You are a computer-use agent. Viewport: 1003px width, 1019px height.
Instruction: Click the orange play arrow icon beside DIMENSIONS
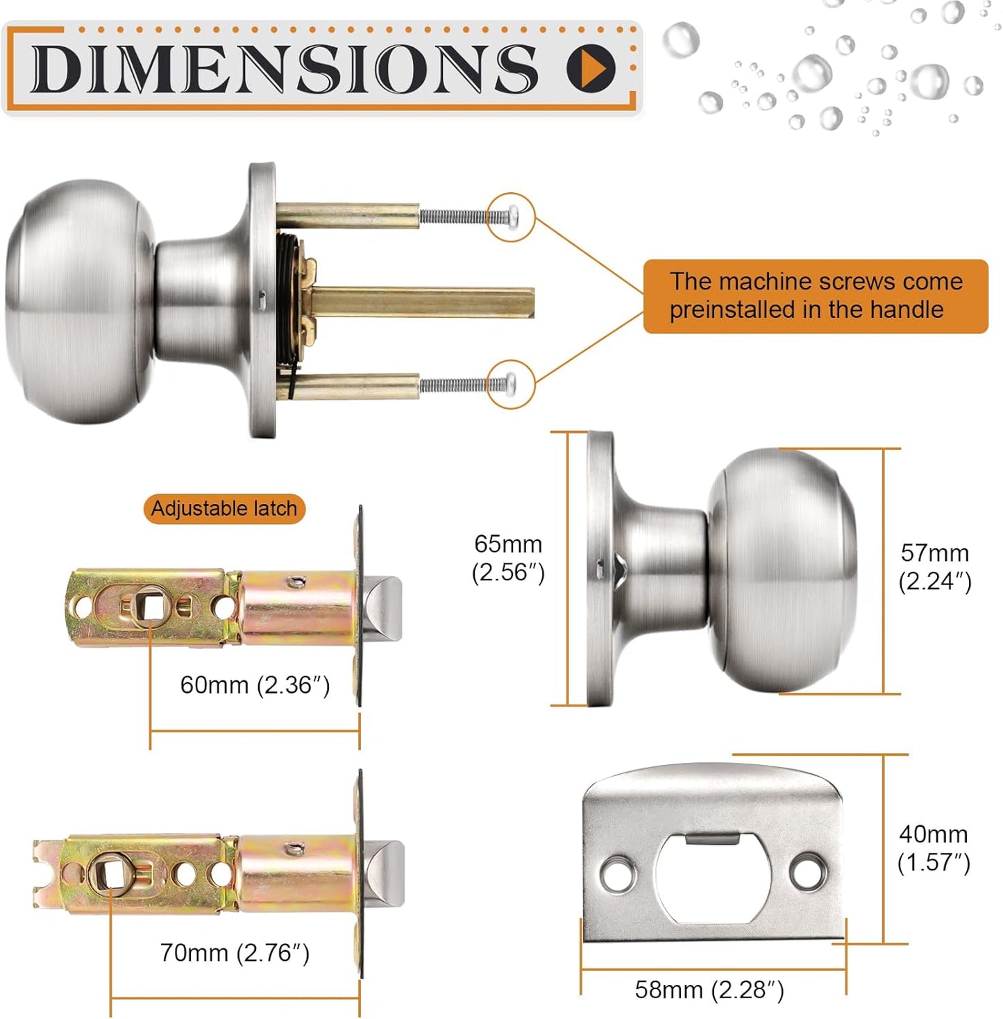pyautogui.click(x=591, y=67)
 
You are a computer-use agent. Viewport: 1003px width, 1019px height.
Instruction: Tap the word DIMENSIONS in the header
pyautogui.click(x=285, y=68)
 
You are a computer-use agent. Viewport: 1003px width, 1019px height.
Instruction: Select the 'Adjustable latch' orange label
pyautogui.click(x=224, y=509)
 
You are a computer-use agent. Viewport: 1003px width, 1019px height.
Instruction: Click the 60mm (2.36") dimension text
pyautogui.click(x=255, y=685)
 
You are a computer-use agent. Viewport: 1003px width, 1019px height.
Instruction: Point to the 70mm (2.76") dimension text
pyautogui.click(x=235, y=953)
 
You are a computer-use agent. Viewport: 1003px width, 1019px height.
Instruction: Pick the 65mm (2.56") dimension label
pyautogui.click(x=508, y=558)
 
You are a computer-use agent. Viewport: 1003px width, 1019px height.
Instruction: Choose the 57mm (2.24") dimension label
pyautogui.click(x=934, y=567)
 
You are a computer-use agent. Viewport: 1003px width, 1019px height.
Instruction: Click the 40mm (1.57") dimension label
pyautogui.click(x=933, y=848)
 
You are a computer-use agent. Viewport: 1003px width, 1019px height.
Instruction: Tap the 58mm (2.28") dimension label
pyautogui.click(x=709, y=990)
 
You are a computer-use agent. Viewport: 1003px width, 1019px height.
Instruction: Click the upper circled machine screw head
pyautogui.click(x=512, y=217)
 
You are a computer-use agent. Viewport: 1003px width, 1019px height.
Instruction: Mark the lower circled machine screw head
pyautogui.click(x=512, y=383)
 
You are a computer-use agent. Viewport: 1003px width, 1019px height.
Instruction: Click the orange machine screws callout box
pyautogui.click(x=816, y=296)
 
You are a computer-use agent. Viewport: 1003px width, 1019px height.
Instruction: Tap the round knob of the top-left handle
pyautogui.click(x=80, y=302)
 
